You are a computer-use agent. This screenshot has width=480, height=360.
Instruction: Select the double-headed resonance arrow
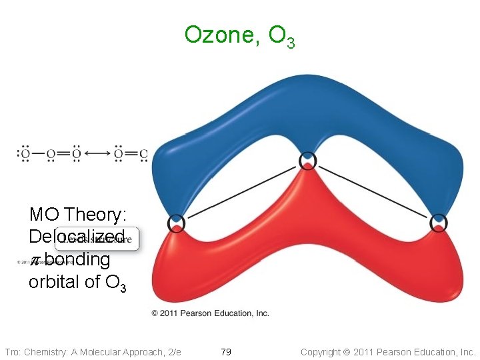(98, 153)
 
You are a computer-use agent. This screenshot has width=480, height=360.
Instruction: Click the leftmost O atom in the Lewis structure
(25, 154)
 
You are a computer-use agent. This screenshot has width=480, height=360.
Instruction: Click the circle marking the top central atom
(307, 161)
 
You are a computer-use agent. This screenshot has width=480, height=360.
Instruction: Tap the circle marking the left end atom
(176, 222)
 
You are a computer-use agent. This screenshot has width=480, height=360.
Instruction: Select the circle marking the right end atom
(439, 222)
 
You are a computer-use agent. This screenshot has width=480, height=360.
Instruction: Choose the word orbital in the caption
(55, 281)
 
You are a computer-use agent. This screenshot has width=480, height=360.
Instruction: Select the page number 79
(226, 351)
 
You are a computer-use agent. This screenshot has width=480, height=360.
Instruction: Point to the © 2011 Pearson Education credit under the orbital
(210, 313)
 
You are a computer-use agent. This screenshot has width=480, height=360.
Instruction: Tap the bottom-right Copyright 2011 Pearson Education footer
(388, 351)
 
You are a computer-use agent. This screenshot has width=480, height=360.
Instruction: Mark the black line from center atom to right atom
(373, 191)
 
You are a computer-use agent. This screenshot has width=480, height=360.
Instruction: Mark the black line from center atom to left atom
(241, 191)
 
